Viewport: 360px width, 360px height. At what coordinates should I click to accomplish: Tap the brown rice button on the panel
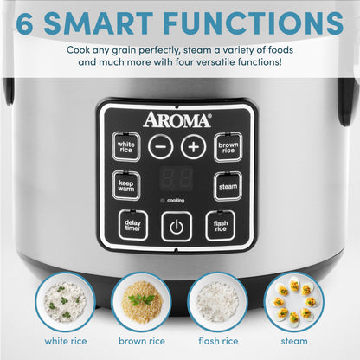pyautogui.click(x=228, y=146)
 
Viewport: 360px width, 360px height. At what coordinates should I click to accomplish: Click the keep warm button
pyautogui.click(x=126, y=185)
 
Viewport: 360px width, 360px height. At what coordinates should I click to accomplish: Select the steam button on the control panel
pyautogui.click(x=228, y=185)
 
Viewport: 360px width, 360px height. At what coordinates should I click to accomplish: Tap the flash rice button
pyautogui.click(x=221, y=226)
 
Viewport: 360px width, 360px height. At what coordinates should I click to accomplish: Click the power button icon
pyautogui.click(x=177, y=227)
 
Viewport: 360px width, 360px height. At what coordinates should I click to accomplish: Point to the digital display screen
pyautogui.click(x=177, y=179)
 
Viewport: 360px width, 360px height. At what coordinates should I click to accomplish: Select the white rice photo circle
pyautogui.click(x=67, y=299)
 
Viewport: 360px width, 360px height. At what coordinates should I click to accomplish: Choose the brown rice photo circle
pyautogui.click(x=141, y=299)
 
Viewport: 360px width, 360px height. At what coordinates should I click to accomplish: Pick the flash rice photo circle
pyautogui.click(x=216, y=299)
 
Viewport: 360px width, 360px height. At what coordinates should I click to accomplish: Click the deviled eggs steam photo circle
pyautogui.click(x=292, y=299)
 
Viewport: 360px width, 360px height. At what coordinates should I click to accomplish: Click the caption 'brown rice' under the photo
pyautogui.click(x=141, y=342)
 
